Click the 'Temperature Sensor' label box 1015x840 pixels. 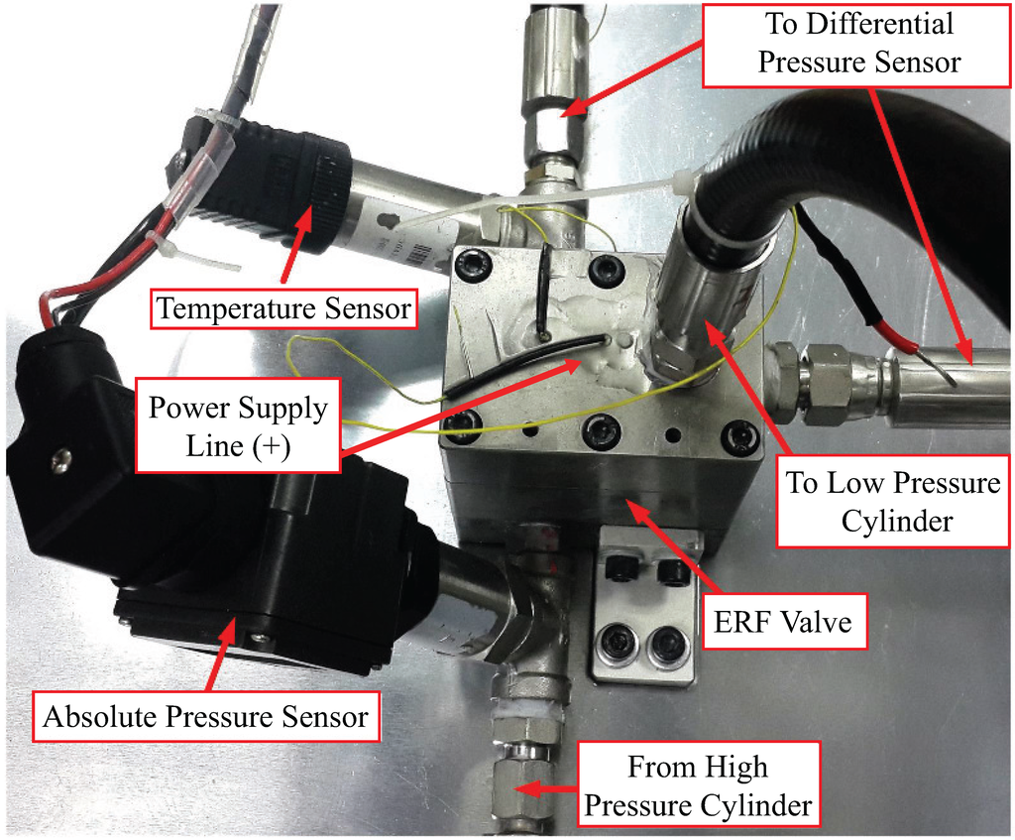click(284, 308)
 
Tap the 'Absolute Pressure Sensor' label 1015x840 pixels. click(206, 716)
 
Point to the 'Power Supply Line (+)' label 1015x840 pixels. click(238, 425)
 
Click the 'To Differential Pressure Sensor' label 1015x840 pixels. click(857, 44)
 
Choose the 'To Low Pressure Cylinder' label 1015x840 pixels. click(893, 501)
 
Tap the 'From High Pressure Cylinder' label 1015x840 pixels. click(698, 784)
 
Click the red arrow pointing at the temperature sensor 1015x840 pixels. click(293, 244)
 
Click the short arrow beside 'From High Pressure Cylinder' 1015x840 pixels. click(546, 788)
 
